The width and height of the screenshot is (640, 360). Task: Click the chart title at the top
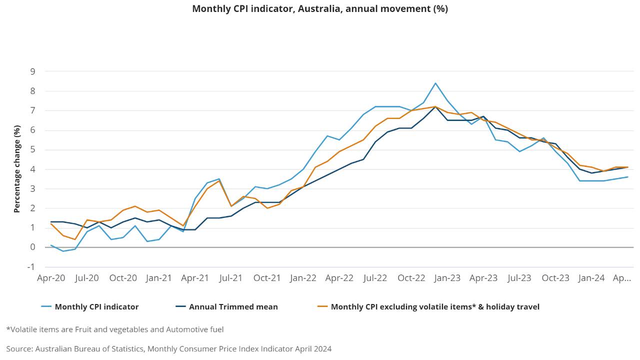click(320, 9)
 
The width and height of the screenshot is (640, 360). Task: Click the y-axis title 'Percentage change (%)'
click(17, 169)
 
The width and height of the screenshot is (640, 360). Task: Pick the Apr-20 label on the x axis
click(51, 278)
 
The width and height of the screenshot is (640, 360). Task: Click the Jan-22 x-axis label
click(303, 278)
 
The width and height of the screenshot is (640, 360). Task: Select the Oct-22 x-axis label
click(411, 278)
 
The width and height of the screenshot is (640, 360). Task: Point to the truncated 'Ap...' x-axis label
click(622, 278)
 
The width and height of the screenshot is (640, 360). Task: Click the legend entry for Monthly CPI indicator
click(96, 307)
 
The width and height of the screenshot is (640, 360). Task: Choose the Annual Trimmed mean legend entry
click(233, 307)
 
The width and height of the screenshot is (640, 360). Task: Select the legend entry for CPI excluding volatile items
click(435, 307)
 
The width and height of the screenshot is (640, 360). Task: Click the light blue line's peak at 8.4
click(435, 83)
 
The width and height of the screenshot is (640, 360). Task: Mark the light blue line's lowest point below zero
click(63, 251)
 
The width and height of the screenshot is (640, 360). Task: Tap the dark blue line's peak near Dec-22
click(435, 106)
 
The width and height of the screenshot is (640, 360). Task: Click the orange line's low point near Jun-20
click(75, 239)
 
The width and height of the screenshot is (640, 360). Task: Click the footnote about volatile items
click(115, 329)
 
